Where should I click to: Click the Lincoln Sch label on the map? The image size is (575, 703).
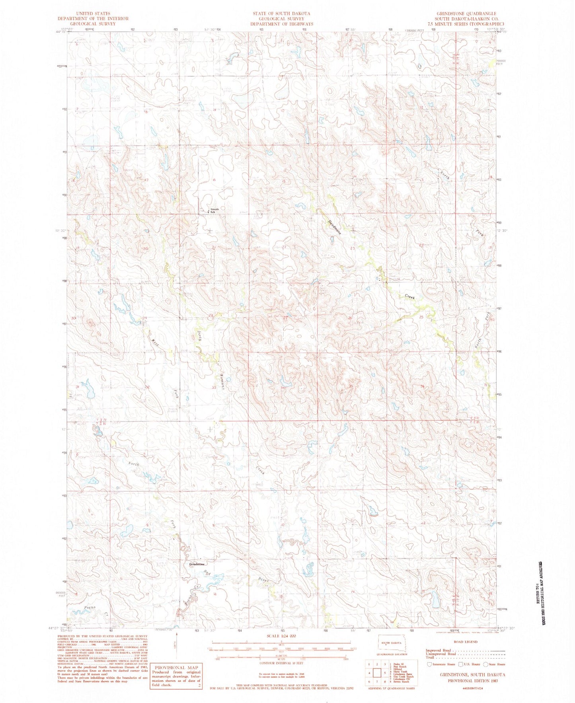click(x=214, y=211)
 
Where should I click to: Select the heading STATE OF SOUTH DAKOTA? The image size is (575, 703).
click(x=281, y=14)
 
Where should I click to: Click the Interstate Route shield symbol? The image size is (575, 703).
click(x=429, y=664)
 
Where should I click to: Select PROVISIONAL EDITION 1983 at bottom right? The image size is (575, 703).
click(x=472, y=681)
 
